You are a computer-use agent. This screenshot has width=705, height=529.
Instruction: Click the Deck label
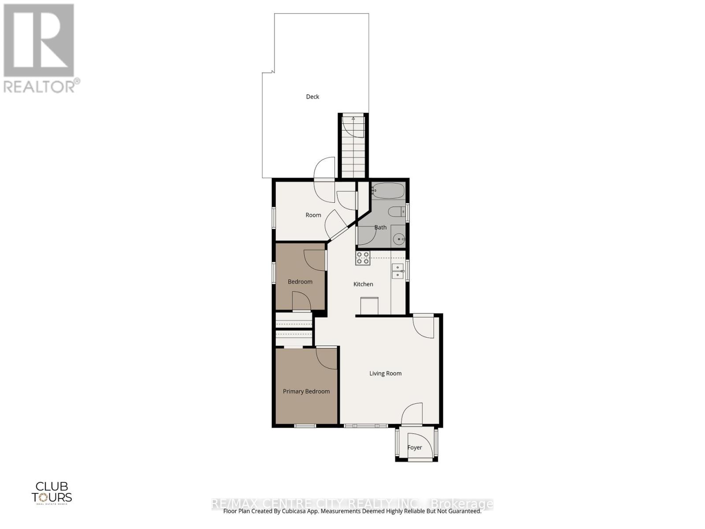(312, 97)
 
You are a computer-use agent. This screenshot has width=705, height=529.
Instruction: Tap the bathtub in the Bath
(388, 191)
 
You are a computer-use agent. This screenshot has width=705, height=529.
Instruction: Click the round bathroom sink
(399, 240)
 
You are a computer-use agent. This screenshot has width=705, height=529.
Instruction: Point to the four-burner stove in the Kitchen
(363, 258)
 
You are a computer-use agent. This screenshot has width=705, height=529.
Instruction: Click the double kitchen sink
(397, 271)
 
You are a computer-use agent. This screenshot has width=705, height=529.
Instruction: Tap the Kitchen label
(363, 284)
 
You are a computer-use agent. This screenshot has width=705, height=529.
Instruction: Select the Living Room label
(385, 373)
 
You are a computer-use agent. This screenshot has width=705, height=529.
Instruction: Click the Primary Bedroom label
(306, 391)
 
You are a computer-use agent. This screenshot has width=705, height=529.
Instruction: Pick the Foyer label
(414, 447)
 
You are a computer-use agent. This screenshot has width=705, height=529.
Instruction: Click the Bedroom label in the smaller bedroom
(300, 282)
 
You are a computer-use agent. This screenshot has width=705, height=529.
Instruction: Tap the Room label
(313, 215)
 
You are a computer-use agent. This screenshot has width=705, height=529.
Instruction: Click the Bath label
(380, 227)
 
